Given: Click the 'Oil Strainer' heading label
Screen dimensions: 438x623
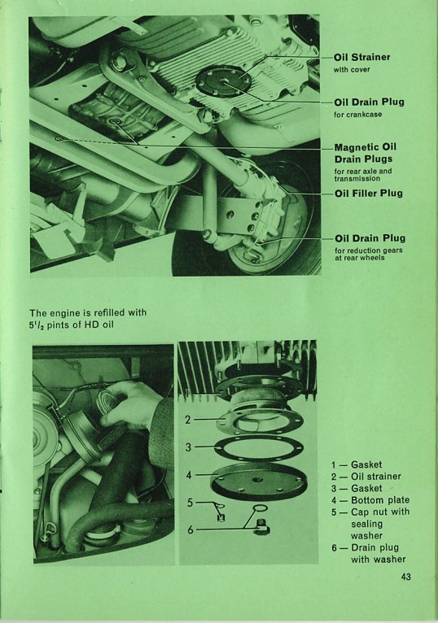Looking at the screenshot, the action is pyautogui.click(x=362, y=57).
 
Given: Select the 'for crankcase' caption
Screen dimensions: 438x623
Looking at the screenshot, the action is pyautogui.click(x=358, y=115).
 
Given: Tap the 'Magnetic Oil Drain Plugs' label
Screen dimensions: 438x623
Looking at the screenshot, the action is pyautogui.click(x=366, y=153).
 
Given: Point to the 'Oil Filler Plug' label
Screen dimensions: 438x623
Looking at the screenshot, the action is pyautogui.click(x=368, y=194).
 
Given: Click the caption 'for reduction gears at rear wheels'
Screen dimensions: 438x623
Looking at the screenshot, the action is pyautogui.click(x=368, y=254).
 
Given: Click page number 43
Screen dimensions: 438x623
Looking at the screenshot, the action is pyautogui.click(x=405, y=577).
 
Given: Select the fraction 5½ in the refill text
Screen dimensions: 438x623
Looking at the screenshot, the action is pyautogui.click(x=37, y=325).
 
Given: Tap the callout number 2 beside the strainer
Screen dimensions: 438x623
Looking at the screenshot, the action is pyautogui.click(x=189, y=420).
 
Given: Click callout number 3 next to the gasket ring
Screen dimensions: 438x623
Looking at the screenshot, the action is pyautogui.click(x=189, y=447).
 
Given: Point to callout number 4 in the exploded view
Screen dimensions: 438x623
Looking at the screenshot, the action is pyautogui.click(x=189, y=475).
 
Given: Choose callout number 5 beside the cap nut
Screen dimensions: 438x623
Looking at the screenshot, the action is pyautogui.click(x=191, y=503).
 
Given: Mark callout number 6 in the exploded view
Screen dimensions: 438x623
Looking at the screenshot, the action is pyautogui.click(x=191, y=529).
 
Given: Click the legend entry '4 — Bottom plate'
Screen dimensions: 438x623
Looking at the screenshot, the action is pyautogui.click(x=370, y=500).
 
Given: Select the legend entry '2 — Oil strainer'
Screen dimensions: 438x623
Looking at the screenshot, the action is pyautogui.click(x=366, y=477).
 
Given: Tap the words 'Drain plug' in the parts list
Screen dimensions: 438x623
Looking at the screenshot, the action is pyautogui.click(x=374, y=548).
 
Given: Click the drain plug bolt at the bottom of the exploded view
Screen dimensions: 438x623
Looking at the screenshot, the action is pyautogui.click(x=261, y=526).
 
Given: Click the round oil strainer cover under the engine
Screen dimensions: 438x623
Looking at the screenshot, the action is pyautogui.click(x=224, y=82).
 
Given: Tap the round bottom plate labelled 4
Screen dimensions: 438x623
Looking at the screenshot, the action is pyautogui.click(x=256, y=481).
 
